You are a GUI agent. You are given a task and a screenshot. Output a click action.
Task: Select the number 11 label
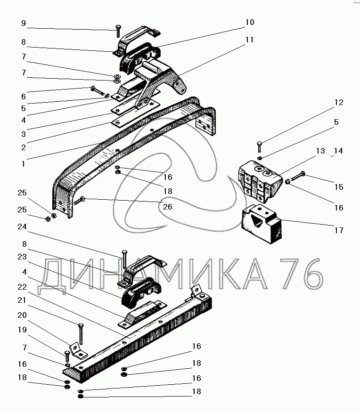click(249, 40)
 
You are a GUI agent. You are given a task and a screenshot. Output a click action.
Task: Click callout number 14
click(338, 151)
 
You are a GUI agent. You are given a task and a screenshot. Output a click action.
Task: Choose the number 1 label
click(23, 164)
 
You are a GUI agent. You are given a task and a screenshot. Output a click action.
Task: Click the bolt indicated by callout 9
click(116, 31)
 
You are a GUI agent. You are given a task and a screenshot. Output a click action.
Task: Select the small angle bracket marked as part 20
click(76, 349)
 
